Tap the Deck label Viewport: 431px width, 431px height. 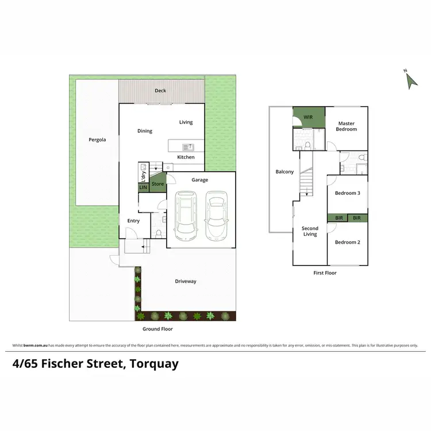point(160,91)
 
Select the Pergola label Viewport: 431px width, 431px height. point(97,140)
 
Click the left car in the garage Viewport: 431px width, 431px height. point(186,215)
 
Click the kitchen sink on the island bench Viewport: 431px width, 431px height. point(187,147)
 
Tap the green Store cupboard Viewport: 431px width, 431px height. point(157,184)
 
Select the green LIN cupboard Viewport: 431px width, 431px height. point(143,187)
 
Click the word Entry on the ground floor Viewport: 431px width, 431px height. point(133,221)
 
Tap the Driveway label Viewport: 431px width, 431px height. point(186,281)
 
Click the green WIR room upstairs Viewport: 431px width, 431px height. point(309,117)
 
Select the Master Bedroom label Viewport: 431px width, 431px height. point(347,126)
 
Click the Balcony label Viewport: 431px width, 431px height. point(284,172)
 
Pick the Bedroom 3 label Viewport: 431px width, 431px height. point(347,193)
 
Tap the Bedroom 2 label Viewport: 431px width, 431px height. point(347,242)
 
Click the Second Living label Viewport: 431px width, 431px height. point(310,231)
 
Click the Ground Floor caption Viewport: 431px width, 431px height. point(157,329)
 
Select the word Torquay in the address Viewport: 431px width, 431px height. point(154,364)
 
